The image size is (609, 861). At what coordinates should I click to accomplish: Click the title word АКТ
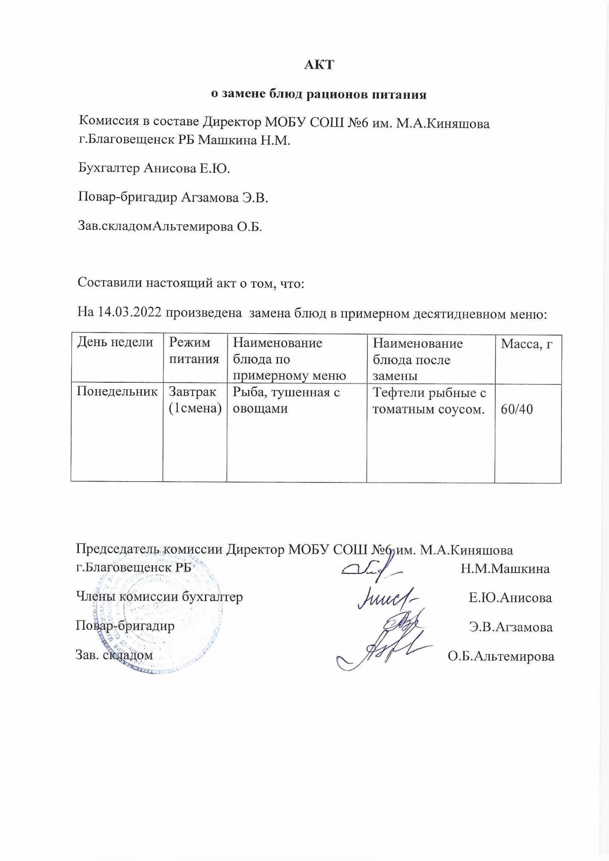[x=319, y=65]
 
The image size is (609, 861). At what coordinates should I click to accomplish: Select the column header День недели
[x=115, y=342]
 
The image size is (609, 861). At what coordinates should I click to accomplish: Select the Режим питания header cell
[x=194, y=350]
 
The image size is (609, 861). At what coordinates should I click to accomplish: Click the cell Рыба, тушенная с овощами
[x=286, y=400]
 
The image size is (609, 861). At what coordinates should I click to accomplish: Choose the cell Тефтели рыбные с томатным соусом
[x=429, y=401]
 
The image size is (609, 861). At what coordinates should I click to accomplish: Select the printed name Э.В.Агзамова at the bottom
[x=511, y=627]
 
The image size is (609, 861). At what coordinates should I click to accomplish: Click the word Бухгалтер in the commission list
[x=109, y=168]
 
